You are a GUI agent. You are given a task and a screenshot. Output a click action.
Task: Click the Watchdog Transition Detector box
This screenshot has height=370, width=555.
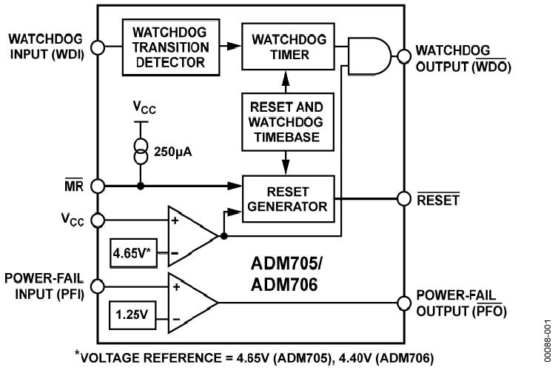click(171, 47)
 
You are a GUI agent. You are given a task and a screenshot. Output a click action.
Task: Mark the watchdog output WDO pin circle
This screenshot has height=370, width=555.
click(403, 55)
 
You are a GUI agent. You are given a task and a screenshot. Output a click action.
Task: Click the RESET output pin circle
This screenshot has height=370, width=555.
click(403, 198)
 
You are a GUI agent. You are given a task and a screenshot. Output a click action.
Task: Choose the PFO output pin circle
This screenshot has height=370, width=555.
click(403, 302)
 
